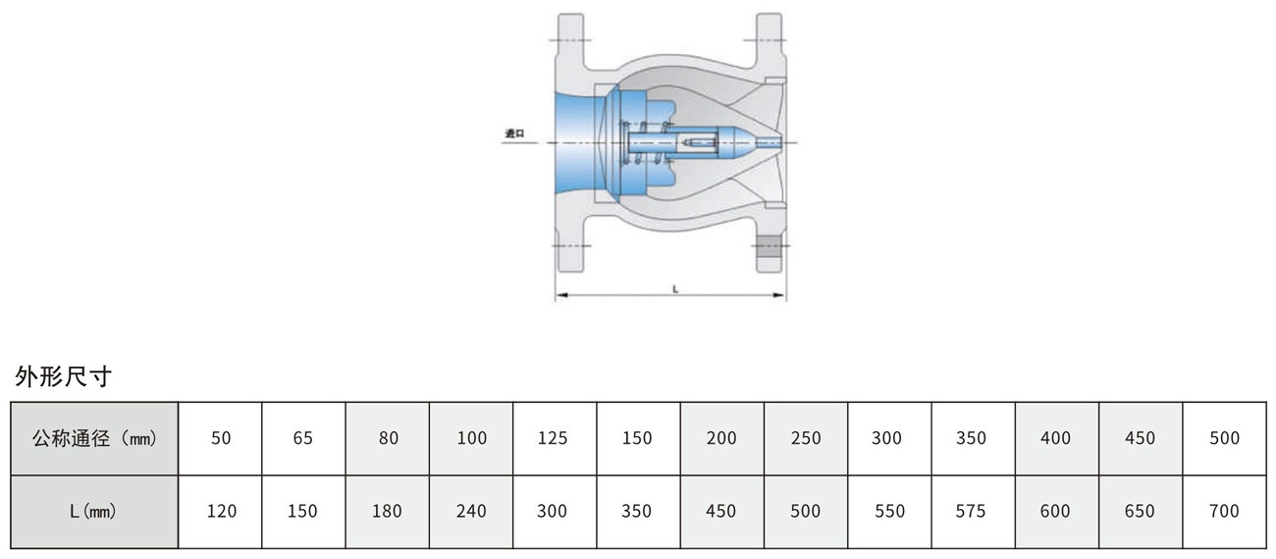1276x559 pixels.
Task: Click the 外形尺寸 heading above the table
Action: pos(63,376)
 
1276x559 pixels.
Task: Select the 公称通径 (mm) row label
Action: pos(94,438)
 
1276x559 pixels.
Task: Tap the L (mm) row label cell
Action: pos(94,512)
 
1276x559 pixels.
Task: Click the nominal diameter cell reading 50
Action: pos(221,438)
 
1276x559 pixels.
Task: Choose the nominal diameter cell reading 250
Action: pos(806,438)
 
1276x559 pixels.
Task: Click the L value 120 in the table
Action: pos(221,512)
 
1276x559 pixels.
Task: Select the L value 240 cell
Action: pos(471,512)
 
